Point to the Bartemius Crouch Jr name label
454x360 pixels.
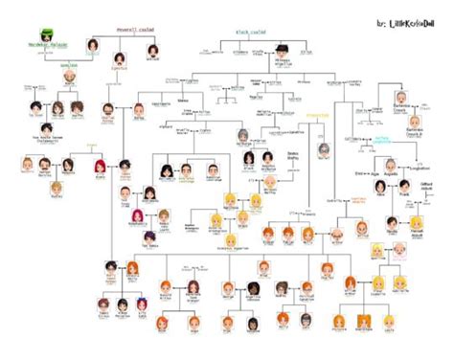[x=414, y=135]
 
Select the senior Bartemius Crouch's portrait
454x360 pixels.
[x=399, y=99]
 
